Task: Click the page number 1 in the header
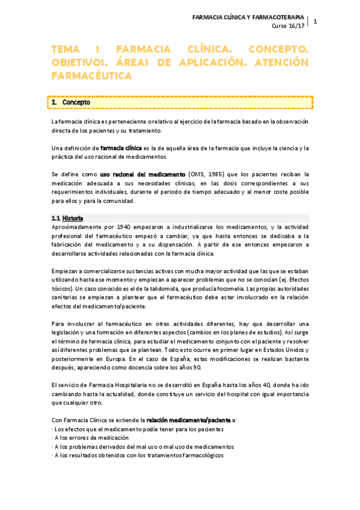315,22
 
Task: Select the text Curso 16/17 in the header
288,26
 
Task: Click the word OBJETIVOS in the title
80,63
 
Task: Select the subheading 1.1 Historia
67,218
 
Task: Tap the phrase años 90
191,367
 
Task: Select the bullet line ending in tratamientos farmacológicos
138,456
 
